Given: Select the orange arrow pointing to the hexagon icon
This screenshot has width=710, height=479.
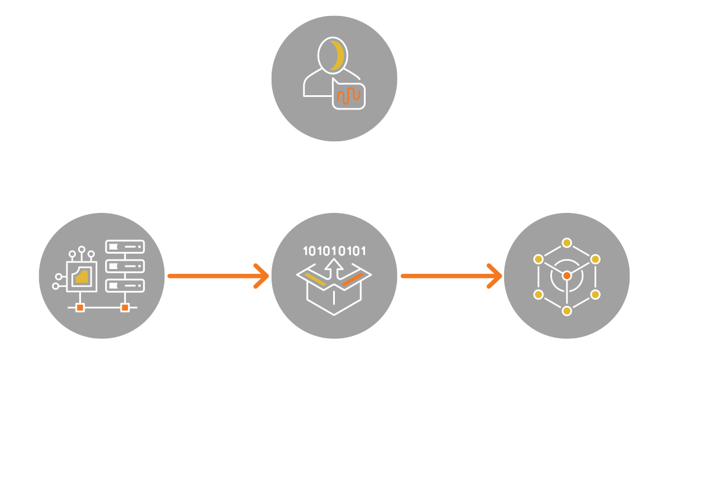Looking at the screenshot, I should pos(450,276).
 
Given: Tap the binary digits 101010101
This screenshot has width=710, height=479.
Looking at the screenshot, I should pos(334,251).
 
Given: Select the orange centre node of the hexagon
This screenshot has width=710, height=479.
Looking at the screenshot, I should pos(567,276).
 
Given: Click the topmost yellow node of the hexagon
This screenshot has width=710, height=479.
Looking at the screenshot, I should pos(567,242).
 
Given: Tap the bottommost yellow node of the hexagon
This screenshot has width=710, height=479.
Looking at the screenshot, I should pos(567,310).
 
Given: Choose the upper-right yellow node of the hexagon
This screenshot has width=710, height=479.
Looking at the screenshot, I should pos(595,259).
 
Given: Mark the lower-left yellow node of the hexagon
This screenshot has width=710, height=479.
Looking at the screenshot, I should pos(538,294).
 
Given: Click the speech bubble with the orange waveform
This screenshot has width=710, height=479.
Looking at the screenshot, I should pos(348,94).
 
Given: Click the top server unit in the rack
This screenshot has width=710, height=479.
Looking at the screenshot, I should pos(125,247).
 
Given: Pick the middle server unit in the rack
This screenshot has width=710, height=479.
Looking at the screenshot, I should pos(125,266).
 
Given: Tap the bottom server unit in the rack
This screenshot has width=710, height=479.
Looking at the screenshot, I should pos(125,285).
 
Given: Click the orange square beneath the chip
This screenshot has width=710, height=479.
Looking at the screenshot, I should pos(80,308).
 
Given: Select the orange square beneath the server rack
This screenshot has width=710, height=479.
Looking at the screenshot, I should pos(125,308).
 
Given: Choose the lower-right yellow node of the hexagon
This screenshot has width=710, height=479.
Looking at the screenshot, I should pos(595,294).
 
